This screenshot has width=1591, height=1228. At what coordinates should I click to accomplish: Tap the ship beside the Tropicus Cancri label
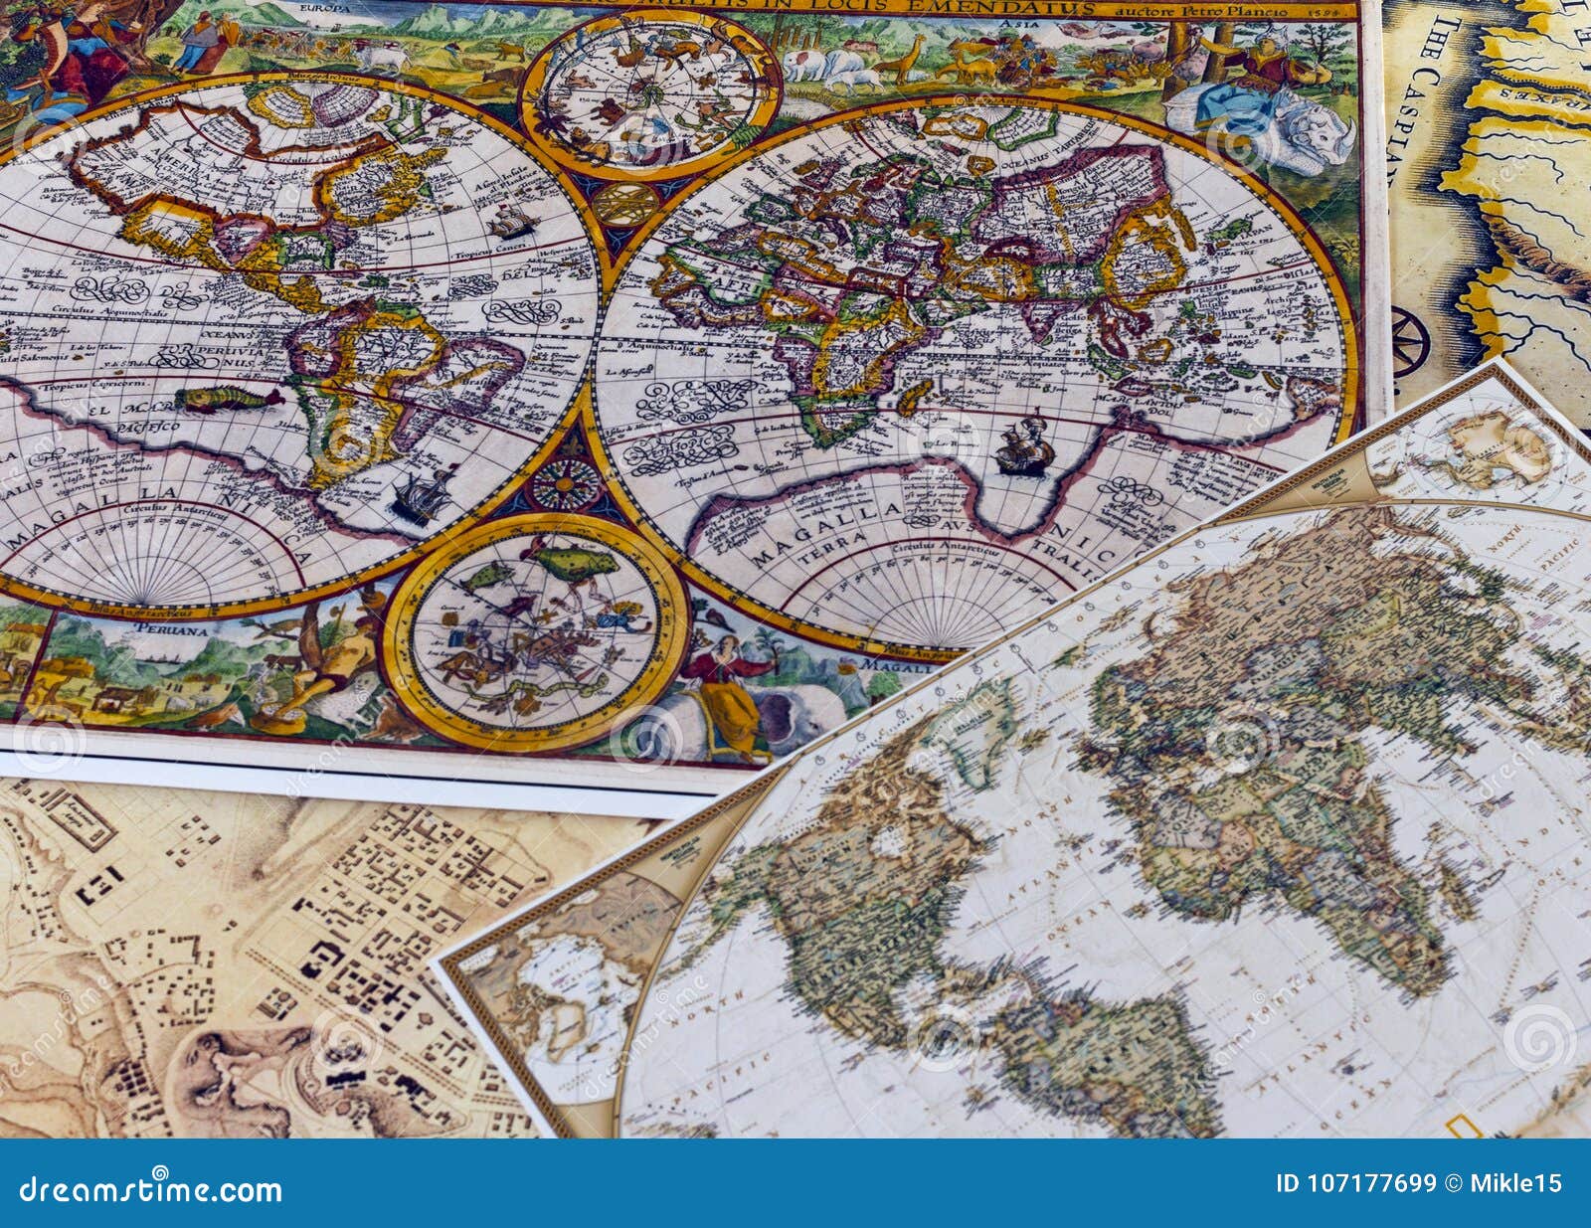pyautogui.click(x=508, y=218)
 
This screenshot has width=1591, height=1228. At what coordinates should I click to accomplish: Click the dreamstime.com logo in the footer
pyautogui.click(x=144, y=1188)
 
